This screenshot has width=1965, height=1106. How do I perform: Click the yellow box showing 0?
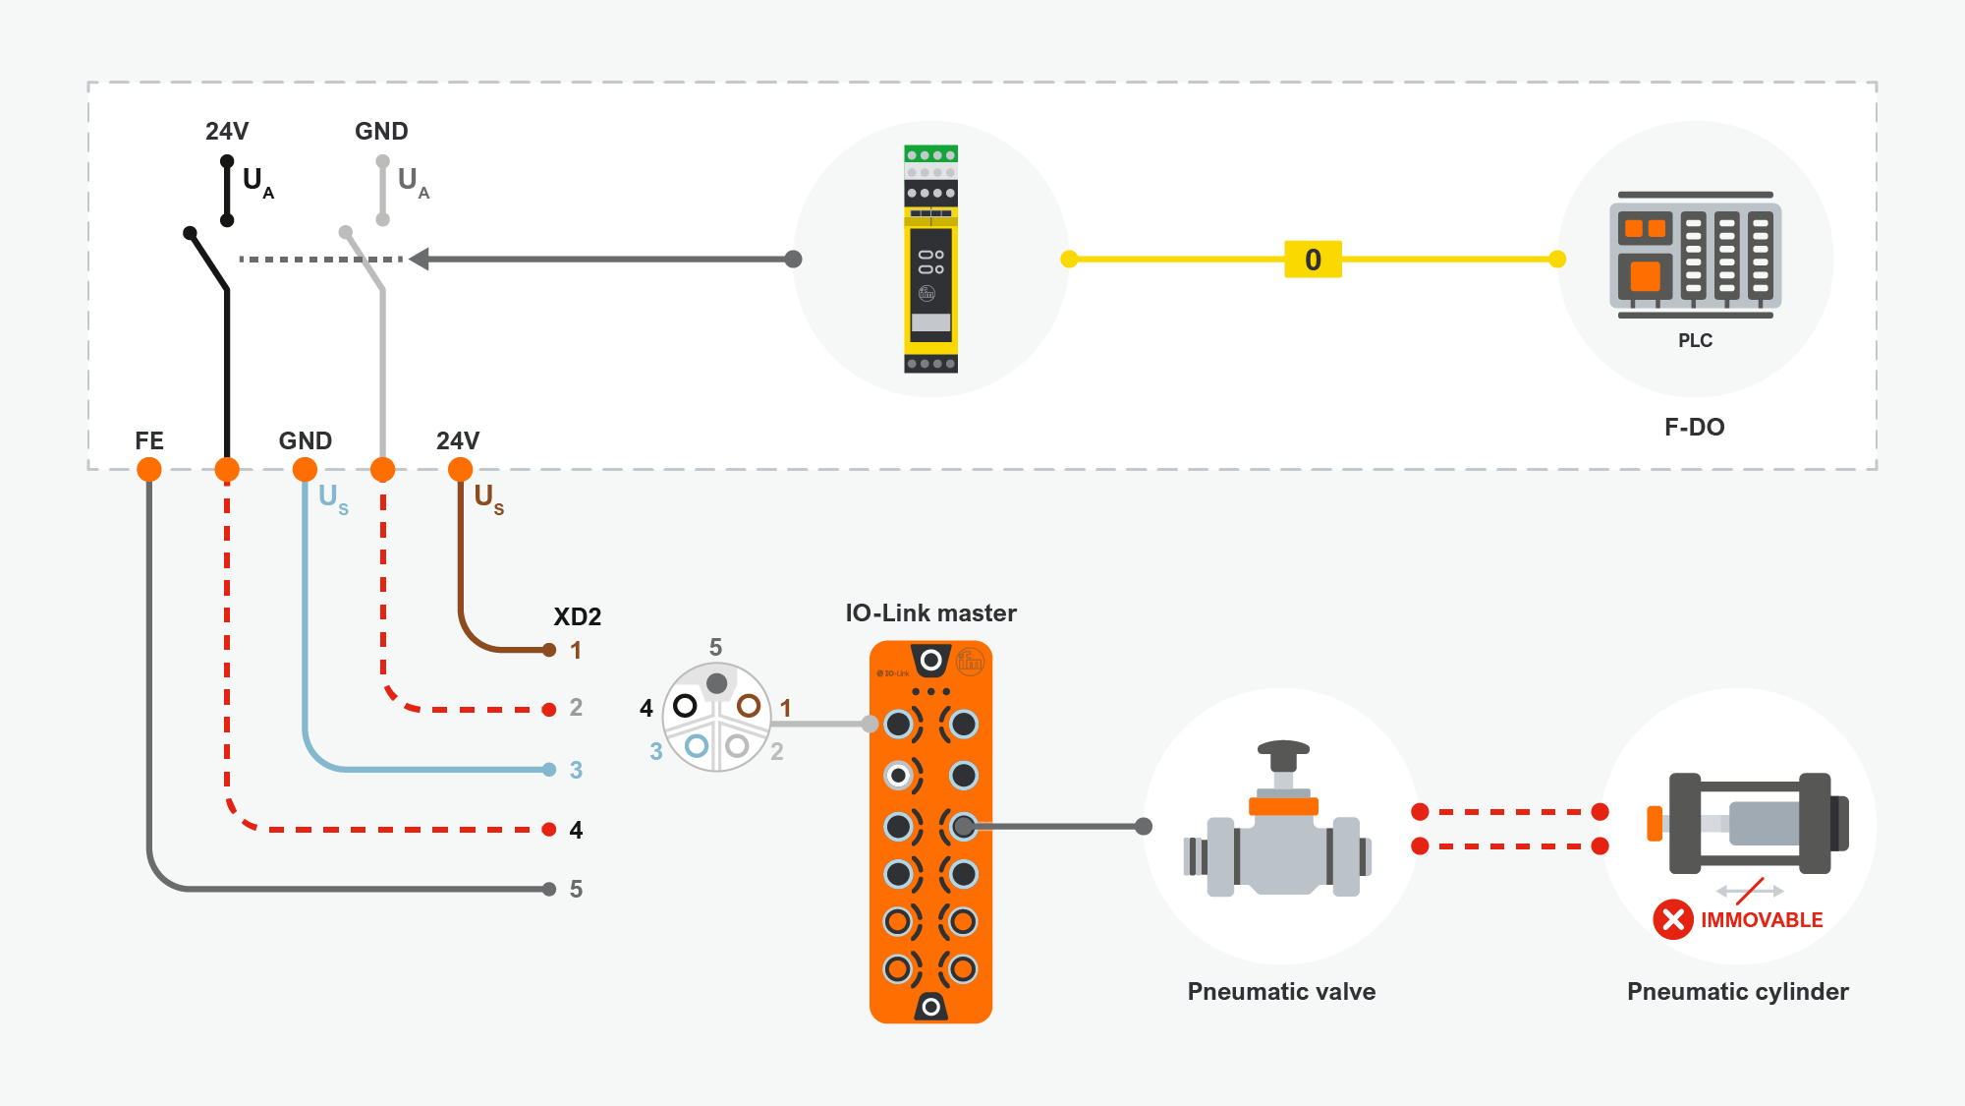pyautogui.click(x=1313, y=260)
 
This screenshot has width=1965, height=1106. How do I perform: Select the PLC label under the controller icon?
pyautogui.click(x=1695, y=341)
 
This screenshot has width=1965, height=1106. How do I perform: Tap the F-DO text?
pyautogui.click(x=1694, y=427)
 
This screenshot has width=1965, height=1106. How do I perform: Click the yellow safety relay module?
pyautogui.click(x=930, y=260)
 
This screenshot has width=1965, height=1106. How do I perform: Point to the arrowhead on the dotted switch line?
pyautogui.click(x=420, y=260)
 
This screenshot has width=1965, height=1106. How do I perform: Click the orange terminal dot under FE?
pyautogui.click(x=149, y=470)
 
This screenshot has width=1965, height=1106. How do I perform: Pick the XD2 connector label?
pyautogui.click(x=577, y=616)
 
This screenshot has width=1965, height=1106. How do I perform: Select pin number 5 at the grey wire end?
pyautogui.click(x=576, y=890)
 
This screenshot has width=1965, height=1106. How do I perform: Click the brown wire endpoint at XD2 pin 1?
pyautogui.click(x=549, y=650)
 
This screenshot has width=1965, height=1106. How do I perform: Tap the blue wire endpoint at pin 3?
pyautogui.click(x=549, y=770)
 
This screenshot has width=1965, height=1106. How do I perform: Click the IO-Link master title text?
pyautogui.click(x=930, y=613)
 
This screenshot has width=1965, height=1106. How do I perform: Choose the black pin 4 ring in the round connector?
pyautogui.click(x=685, y=706)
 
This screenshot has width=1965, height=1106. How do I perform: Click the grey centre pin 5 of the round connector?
pyautogui.click(x=717, y=683)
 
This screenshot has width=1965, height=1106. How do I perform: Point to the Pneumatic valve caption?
pyautogui.click(x=1281, y=991)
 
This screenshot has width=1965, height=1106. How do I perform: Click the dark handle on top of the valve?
pyautogui.click(x=1283, y=752)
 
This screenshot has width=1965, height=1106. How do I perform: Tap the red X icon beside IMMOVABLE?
pyautogui.click(x=1673, y=919)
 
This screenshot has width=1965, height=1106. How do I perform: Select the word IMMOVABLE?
pyautogui.click(x=1762, y=920)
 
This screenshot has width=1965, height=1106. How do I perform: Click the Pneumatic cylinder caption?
pyautogui.click(x=1737, y=991)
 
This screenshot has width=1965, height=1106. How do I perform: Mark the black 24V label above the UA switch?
pyautogui.click(x=227, y=131)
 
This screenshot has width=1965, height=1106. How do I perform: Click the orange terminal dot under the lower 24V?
pyautogui.click(x=460, y=470)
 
